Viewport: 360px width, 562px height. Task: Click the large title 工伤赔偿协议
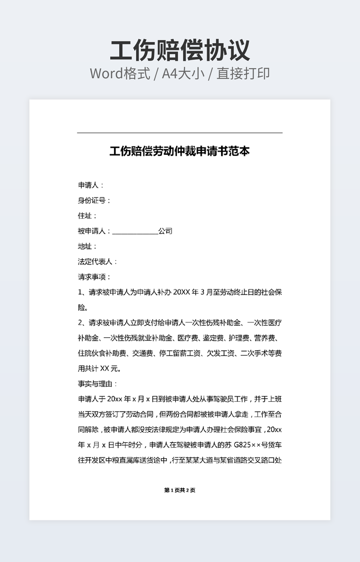pyautogui.click(x=180, y=51)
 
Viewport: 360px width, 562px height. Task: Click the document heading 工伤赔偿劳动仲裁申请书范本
pyautogui.click(x=179, y=152)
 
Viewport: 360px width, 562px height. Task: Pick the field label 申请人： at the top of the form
pyautogui.click(x=91, y=185)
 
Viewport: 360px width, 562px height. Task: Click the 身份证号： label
pyautogui.click(x=94, y=201)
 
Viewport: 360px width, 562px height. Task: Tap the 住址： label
pyautogui.click(x=87, y=216)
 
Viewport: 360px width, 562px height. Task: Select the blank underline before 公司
pyautogui.click(x=135, y=233)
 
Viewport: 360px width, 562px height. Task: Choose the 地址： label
pyautogui.click(x=87, y=246)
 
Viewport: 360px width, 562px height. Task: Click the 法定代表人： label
pyautogui.click(x=97, y=262)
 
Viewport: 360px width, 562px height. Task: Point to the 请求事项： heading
pyautogui.click(x=94, y=277)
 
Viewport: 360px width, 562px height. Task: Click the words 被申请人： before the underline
pyautogui.click(x=94, y=232)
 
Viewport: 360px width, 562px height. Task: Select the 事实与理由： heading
pyautogui.click(x=97, y=383)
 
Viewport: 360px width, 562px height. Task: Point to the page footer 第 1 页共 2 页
pyautogui.click(x=179, y=490)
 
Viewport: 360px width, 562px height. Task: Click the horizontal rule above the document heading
pyautogui.click(x=179, y=133)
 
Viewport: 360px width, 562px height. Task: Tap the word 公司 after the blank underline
pyautogui.click(x=165, y=232)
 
